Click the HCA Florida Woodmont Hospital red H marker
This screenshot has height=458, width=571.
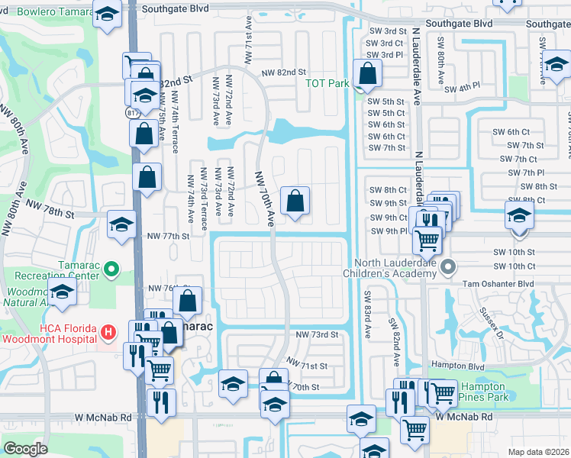pyautogui.click(x=108, y=332)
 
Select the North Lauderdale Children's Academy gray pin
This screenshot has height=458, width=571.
pyautogui.click(x=448, y=267)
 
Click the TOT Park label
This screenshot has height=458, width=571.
pyautogui.click(x=327, y=83)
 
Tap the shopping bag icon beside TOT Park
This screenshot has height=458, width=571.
pyautogui.click(x=367, y=75)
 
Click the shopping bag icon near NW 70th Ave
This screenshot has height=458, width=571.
pyautogui.click(x=295, y=202)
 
